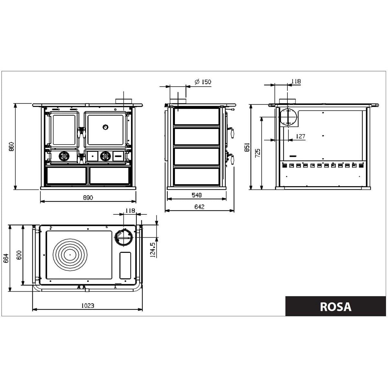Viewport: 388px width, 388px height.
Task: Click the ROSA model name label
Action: (335, 306)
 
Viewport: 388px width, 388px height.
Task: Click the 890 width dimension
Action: (88, 198)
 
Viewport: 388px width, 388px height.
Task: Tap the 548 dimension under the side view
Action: (196, 195)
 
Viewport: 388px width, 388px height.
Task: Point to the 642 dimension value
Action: (199, 207)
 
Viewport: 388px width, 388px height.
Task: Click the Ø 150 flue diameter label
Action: (203, 82)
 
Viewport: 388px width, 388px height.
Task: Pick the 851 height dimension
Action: (247, 147)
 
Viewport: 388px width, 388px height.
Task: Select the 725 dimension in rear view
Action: (258, 153)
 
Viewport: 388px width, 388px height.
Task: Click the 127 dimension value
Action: (300, 136)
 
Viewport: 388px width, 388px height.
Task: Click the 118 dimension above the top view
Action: (130, 211)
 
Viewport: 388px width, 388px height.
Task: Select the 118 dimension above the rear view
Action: (296, 81)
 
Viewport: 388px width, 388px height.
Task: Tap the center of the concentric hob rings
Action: (70, 254)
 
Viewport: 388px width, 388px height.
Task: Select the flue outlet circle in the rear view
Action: (287, 116)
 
